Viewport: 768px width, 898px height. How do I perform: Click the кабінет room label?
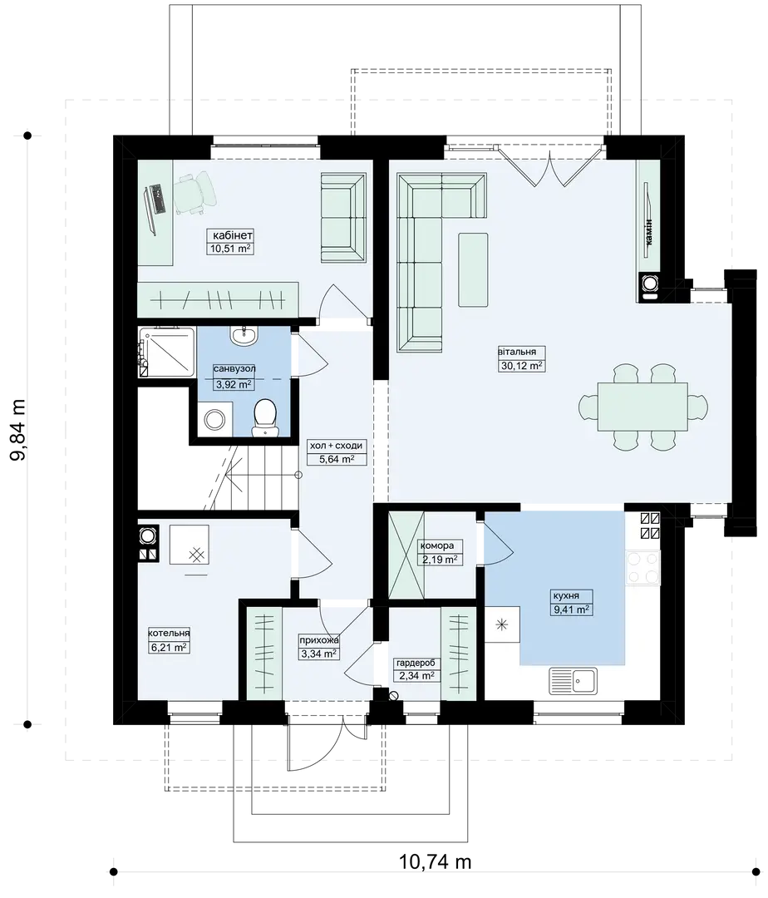[233, 235]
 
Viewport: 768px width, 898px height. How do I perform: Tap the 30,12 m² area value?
[521, 365]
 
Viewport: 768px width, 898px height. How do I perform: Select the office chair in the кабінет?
[195, 194]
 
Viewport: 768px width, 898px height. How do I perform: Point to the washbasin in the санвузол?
[245, 335]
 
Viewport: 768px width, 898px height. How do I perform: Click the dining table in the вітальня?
[642, 407]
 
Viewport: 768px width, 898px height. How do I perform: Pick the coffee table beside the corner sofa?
[473, 269]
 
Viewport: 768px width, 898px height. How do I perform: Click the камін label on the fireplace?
[649, 233]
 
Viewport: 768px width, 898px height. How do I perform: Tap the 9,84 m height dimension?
[17, 431]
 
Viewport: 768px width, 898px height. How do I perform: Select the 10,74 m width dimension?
[435, 861]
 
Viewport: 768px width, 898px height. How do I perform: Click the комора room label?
[436, 545]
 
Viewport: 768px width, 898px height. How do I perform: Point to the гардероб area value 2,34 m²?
[416, 676]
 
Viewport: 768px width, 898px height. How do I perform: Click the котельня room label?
[169, 634]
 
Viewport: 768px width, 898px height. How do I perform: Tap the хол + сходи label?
[336, 446]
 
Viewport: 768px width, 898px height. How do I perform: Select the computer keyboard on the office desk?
[157, 198]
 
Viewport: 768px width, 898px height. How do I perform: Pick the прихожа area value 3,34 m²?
[319, 654]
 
